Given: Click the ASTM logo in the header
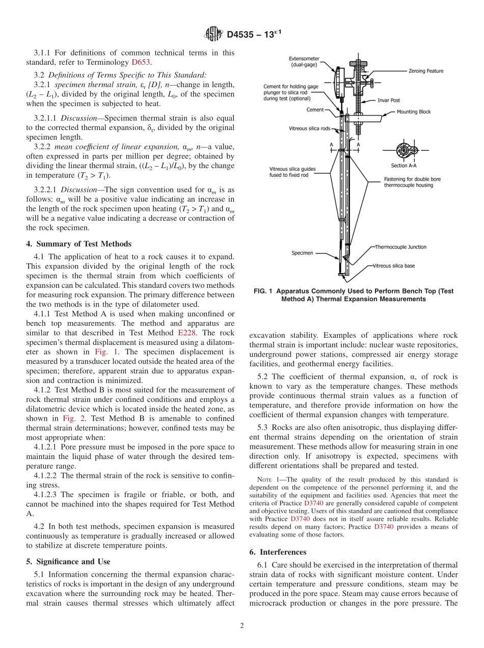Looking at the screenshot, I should coord(213,34).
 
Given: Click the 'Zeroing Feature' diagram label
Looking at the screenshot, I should coord(425,71).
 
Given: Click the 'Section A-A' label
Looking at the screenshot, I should coord(406,166).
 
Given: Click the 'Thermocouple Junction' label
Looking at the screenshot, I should coord(400,247).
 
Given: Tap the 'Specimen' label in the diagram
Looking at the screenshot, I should coord(303,252).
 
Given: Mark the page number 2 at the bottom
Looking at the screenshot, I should coord(242,626).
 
